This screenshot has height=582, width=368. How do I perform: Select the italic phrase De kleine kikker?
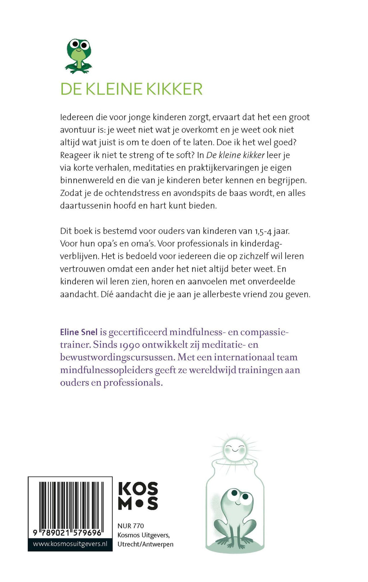click(235, 155)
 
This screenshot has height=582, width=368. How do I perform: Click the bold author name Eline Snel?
click(79, 332)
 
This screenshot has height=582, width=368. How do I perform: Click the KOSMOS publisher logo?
click(138, 496)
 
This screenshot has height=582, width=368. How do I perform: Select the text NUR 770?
click(131, 526)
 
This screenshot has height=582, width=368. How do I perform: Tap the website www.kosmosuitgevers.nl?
click(70, 544)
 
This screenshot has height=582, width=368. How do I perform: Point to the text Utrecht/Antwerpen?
click(146, 544)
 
